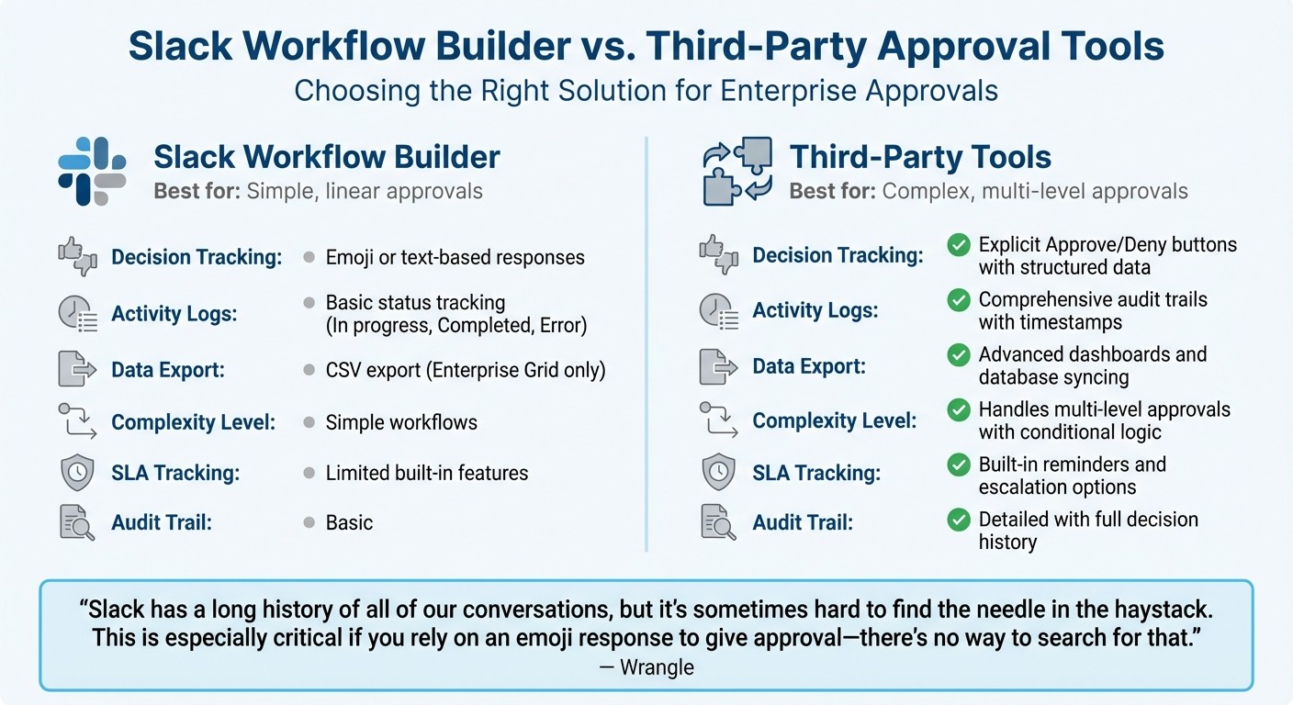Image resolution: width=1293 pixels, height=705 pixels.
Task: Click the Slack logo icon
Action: pos(92,171)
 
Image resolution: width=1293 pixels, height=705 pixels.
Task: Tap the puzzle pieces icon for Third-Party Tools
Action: pos(736,171)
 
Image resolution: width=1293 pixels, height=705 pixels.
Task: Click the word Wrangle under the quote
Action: pos(657,667)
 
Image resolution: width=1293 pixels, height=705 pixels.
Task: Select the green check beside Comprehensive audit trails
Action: pos(959,299)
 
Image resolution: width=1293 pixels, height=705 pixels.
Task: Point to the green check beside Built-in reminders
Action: pos(959,464)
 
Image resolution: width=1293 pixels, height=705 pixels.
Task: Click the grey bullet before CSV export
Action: pos(309,371)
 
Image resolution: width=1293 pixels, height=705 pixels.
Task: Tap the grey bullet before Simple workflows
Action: pos(309,422)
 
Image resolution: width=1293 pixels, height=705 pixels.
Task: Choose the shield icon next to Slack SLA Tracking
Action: pos(76,473)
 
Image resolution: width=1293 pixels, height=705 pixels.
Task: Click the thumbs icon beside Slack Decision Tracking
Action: pos(77,255)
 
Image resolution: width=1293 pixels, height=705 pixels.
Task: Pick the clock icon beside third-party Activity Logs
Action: pos(718,311)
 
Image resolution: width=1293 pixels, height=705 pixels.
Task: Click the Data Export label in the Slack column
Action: pos(168,370)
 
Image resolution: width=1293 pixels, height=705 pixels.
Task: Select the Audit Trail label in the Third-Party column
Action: pos(803,522)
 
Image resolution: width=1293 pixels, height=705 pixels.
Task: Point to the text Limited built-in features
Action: pos(427,474)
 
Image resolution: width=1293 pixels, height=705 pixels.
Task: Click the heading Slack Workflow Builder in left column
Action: pos(327,157)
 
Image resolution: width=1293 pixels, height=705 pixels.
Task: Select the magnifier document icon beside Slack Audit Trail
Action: pos(76,522)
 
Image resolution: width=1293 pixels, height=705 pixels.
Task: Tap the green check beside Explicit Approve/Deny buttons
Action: pos(959,244)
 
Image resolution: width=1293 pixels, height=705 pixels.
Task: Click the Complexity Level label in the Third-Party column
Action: pos(835,421)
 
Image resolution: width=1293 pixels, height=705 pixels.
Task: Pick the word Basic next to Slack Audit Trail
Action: pos(349,523)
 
